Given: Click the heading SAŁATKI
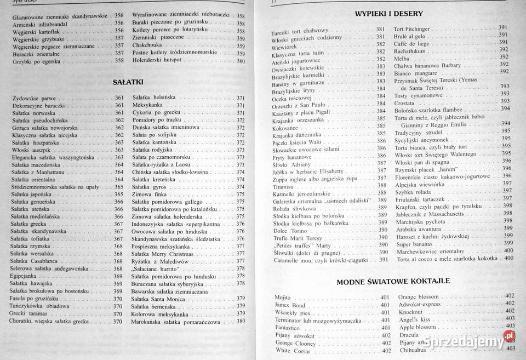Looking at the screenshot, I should click(x=128, y=82).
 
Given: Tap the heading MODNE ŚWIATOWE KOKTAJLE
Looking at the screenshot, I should click(x=393, y=281).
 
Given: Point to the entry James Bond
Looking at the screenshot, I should click(x=290, y=305).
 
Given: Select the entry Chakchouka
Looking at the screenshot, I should click(x=147, y=46).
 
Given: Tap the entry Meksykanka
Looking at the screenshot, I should click(x=148, y=105).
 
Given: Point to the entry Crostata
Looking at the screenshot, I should click(x=404, y=101).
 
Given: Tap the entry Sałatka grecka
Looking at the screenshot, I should click(x=32, y=224).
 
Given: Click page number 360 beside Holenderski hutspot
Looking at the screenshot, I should click(x=241, y=61).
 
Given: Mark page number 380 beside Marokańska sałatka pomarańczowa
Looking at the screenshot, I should click(x=241, y=322).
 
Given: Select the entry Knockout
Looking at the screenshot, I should click(x=411, y=311).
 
